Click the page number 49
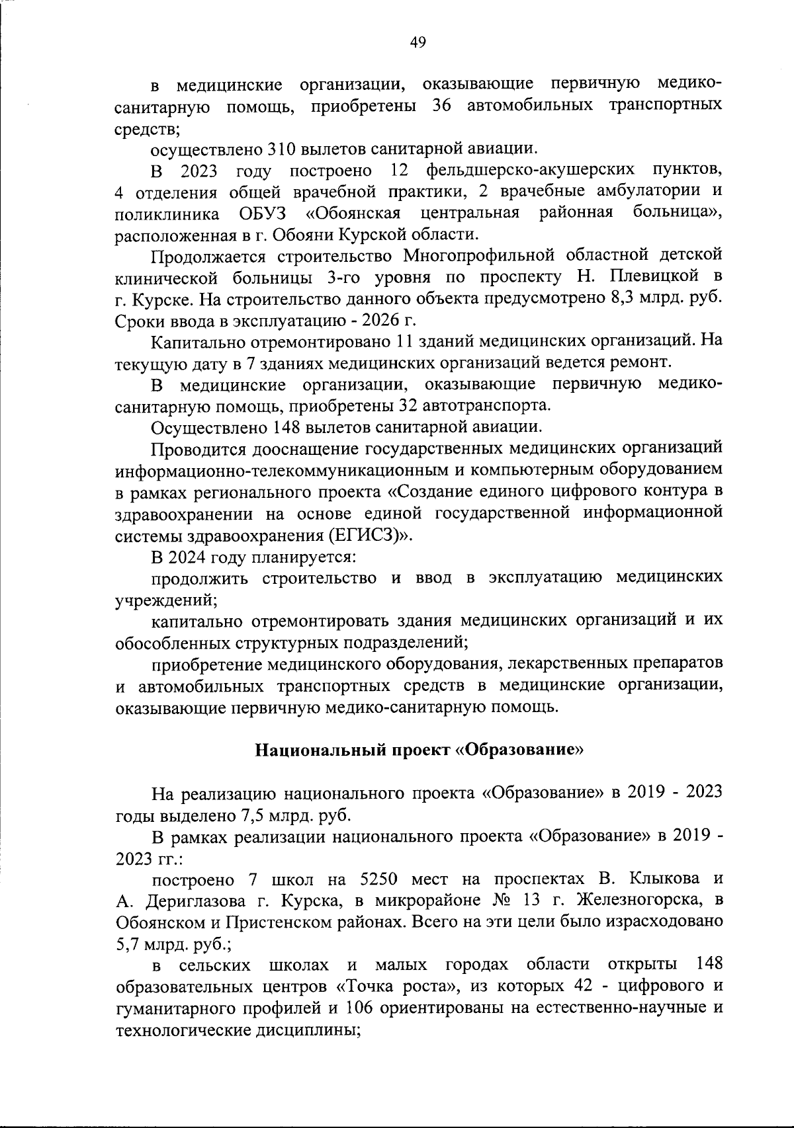pyautogui.click(x=418, y=43)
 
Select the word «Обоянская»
pyautogui.click(x=354, y=214)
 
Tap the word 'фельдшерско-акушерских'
pyautogui.click(x=531, y=171)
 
